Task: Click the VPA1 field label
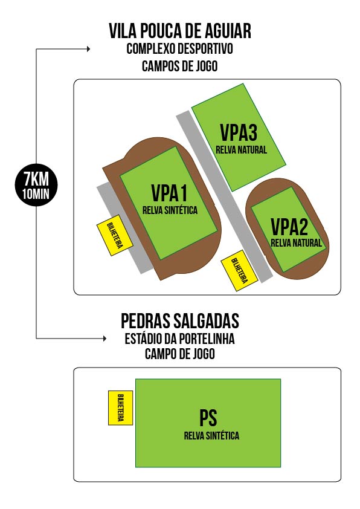pyautogui.click(x=169, y=193)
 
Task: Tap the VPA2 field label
pyautogui.click(x=289, y=227)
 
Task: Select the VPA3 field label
pyautogui.click(x=239, y=132)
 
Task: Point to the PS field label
pyautogui.click(x=208, y=418)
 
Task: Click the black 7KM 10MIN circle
pyautogui.click(x=36, y=185)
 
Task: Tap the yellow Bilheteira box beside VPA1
pyautogui.click(x=115, y=235)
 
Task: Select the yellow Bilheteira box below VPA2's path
pyautogui.click(x=239, y=270)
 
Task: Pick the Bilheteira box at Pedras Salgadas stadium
pyautogui.click(x=120, y=407)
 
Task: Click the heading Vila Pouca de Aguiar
pyautogui.click(x=180, y=31)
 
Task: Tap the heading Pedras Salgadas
pyautogui.click(x=180, y=321)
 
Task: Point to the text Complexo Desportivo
pyautogui.click(x=179, y=49)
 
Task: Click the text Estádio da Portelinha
pyautogui.click(x=179, y=339)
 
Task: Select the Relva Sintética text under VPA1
pyautogui.click(x=170, y=210)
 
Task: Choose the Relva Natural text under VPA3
pyautogui.click(x=241, y=150)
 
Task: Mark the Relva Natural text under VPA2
pyautogui.click(x=296, y=243)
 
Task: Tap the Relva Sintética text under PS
pyautogui.click(x=211, y=435)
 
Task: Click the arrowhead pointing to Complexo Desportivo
pyautogui.click(x=88, y=49)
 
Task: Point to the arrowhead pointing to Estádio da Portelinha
pyautogui.click(x=104, y=339)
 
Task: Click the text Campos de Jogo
pyautogui.click(x=179, y=66)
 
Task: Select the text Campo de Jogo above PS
pyautogui.click(x=179, y=354)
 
